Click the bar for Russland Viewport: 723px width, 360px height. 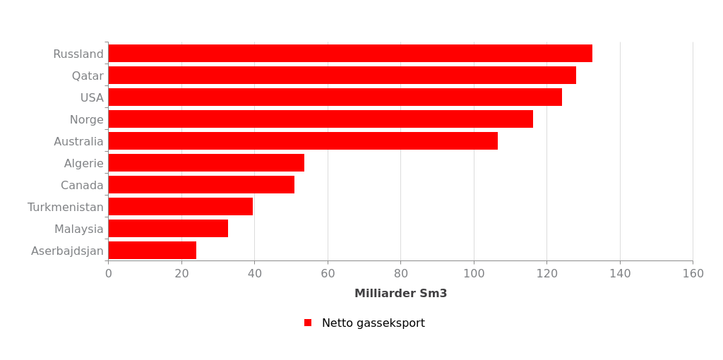(350, 54)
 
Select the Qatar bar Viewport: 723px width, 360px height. (342, 76)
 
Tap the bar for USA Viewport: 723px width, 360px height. (335, 97)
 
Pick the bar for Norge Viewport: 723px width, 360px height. (321, 119)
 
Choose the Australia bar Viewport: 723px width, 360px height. (303, 141)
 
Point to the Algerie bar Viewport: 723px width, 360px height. (206, 163)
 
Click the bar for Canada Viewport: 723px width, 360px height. (201, 185)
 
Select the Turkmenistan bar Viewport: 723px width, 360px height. (180, 207)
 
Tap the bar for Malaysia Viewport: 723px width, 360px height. (168, 229)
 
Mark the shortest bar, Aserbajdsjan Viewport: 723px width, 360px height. (152, 251)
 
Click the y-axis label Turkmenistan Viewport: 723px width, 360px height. (66, 208)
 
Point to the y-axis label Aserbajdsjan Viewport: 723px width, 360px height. (67, 251)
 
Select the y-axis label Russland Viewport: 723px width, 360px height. (78, 54)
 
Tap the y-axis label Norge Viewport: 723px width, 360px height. (86, 120)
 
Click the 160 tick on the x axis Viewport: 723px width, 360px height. (693, 274)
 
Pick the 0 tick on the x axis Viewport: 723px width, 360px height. (108, 274)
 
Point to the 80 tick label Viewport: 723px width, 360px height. (400, 274)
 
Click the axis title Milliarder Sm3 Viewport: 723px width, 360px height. (400, 294)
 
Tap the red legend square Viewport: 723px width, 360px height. (308, 323)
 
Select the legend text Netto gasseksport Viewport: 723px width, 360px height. (373, 323)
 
